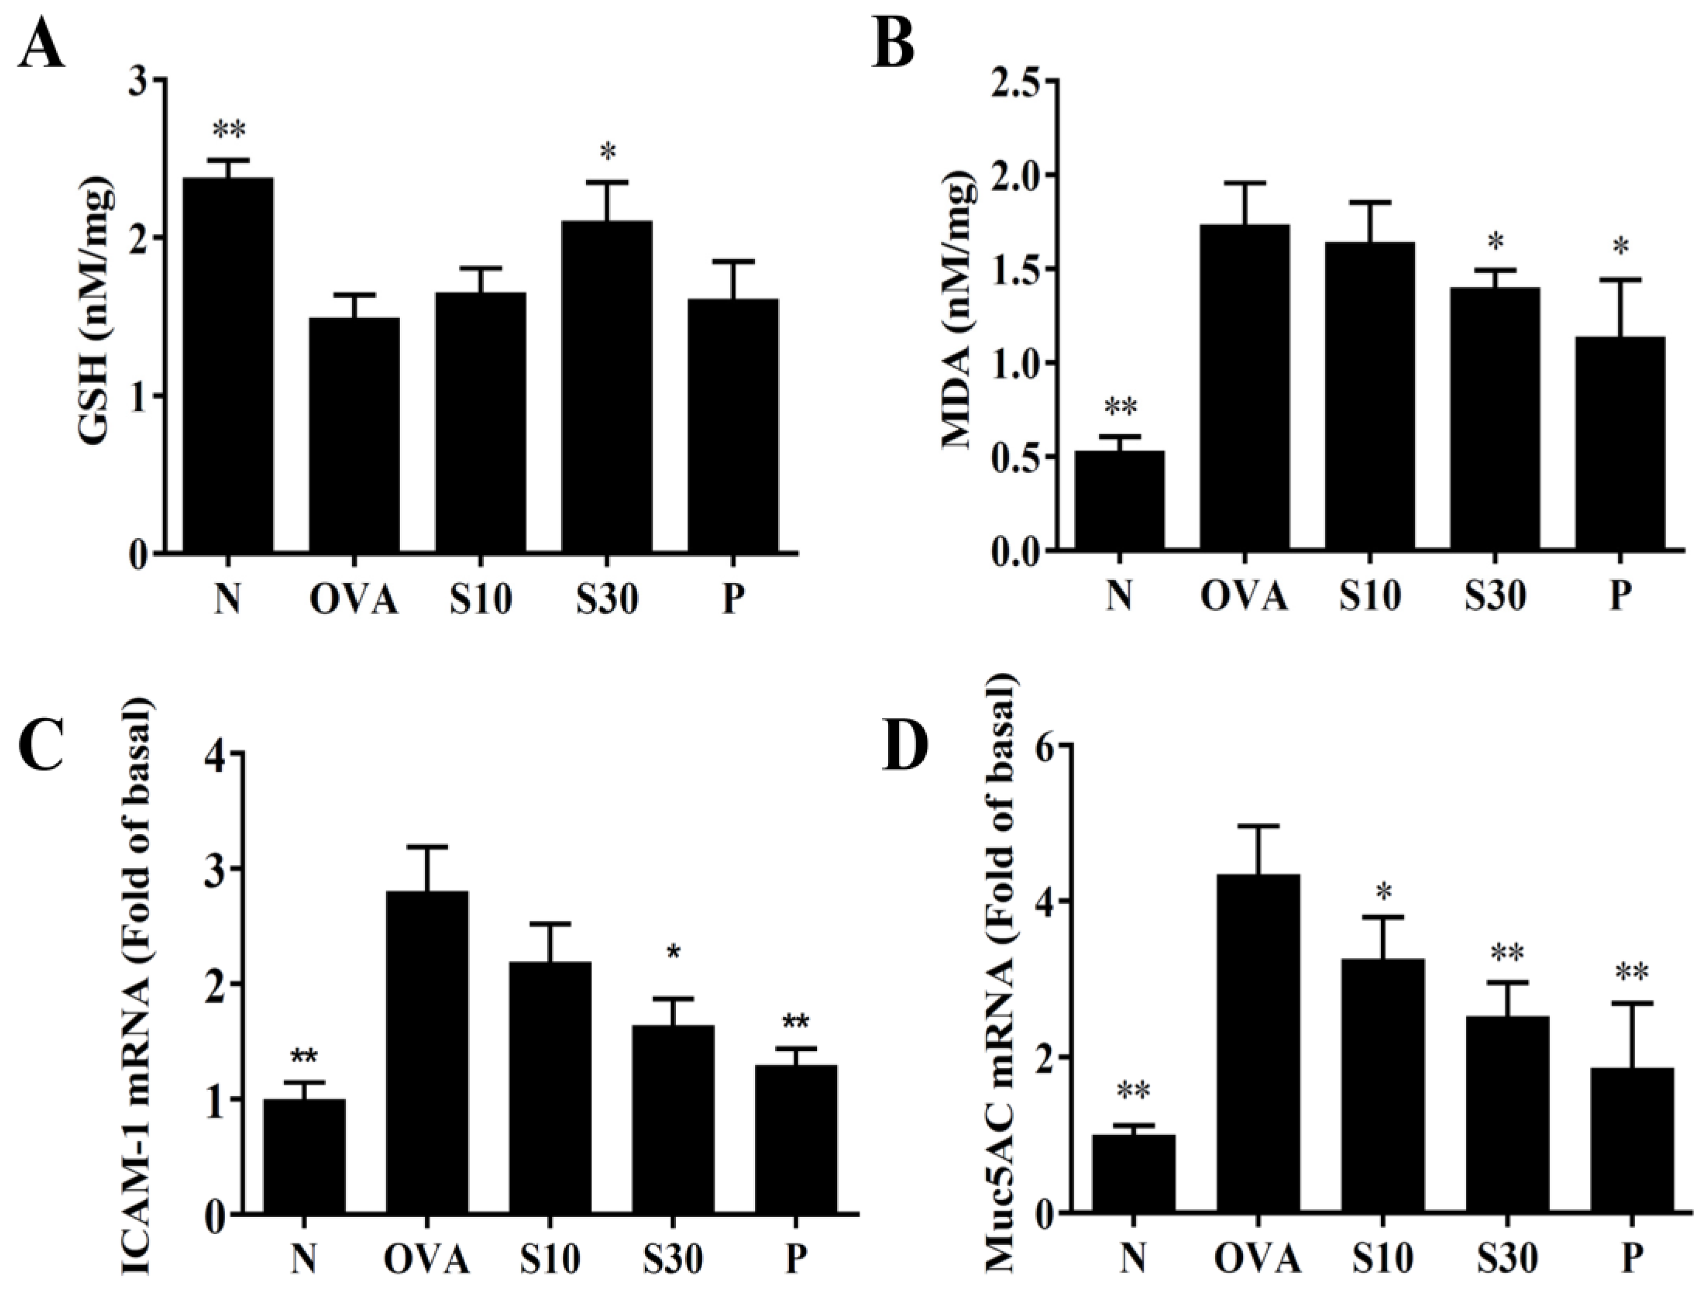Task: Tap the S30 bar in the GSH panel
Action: tap(606, 386)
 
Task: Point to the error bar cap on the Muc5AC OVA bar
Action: tap(1258, 826)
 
